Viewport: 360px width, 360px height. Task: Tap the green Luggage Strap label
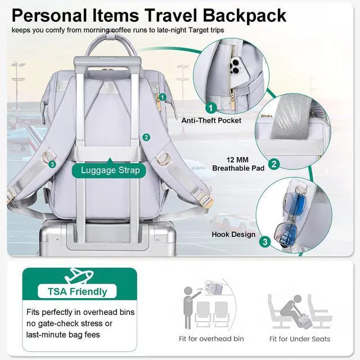pyautogui.click(x=106, y=170)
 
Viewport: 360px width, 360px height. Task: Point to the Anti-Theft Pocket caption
pyautogui.click(x=211, y=120)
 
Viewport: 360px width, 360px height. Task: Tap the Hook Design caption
pyautogui.click(x=233, y=234)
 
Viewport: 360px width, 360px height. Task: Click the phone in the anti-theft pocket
pyautogui.click(x=236, y=68)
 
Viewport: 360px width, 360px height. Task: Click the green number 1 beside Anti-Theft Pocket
pyautogui.click(x=211, y=106)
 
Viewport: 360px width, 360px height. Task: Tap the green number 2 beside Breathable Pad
pyautogui.click(x=274, y=164)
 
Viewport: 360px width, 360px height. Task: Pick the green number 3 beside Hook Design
pyautogui.click(x=265, y=242)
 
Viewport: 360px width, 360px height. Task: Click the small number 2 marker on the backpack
pyautogui.click(x=146, y=137)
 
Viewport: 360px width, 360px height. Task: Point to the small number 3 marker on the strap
pyautogui.click(x=52, y=164)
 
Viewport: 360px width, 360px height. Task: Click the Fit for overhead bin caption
pyautogui.click(x=211, y=339)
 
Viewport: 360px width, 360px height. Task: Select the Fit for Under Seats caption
pyautogui.click(x=299, y=339)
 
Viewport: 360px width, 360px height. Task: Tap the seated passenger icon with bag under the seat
pyautogui.click(x=295, y=309)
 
